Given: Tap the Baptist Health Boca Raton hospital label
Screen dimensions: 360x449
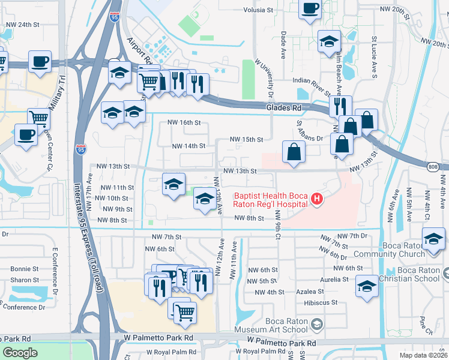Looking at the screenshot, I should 271,199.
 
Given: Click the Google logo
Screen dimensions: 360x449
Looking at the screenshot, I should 20,353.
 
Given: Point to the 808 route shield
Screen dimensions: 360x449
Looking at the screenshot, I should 432,167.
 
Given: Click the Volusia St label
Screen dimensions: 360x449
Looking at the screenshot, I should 258,10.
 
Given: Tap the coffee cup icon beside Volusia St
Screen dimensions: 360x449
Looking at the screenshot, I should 310,8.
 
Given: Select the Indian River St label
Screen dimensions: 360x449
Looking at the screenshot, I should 313,80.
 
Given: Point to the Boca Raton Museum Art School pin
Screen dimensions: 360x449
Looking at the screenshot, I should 317,325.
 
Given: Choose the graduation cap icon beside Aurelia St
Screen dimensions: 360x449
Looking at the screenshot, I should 367,285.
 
